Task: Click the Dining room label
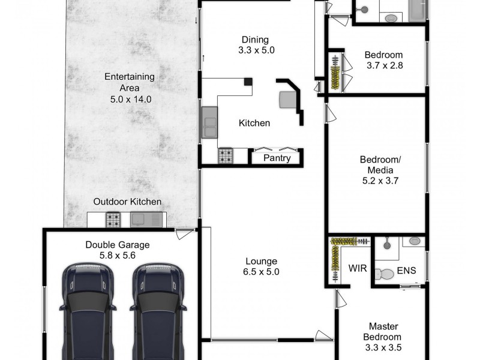tap(256, 40)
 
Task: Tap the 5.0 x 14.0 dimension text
tap(130, 98)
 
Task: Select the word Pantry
tap(277, 158)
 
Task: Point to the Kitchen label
tap(254, 123)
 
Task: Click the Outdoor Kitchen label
tap(127, 202)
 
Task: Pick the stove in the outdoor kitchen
tap(114, 220)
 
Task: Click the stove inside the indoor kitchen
tap(226, 156)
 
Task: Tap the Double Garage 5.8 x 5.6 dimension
tap(117, 255)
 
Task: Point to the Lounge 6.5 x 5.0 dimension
tap(261, 271)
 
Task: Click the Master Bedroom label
tap(383, 331)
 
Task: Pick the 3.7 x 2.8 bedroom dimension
tap(383, 65)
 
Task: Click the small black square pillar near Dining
tap(248, 82)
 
